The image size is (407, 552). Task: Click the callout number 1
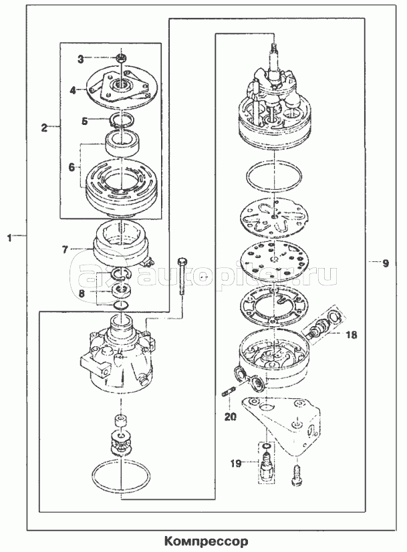10,237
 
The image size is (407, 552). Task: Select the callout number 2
45,126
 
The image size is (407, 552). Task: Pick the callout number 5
84,121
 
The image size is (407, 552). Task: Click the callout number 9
386,263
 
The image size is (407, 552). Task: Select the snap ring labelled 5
121,120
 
